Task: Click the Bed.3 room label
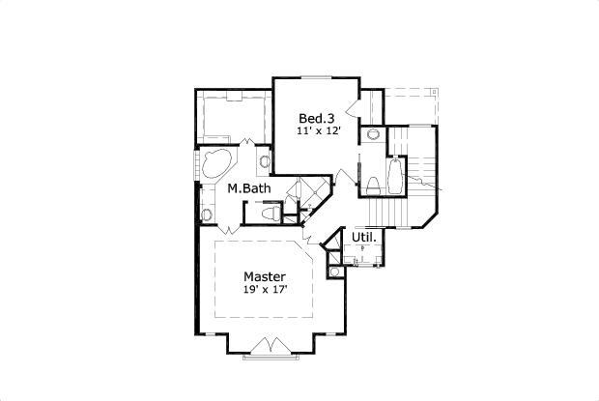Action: pos(317,117)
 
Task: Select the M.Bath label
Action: pos(248,188)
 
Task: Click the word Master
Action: pos(264,274)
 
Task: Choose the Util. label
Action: pos(363,237)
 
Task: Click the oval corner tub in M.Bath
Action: pos(214,164)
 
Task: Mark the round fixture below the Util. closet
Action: pos(334,272)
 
